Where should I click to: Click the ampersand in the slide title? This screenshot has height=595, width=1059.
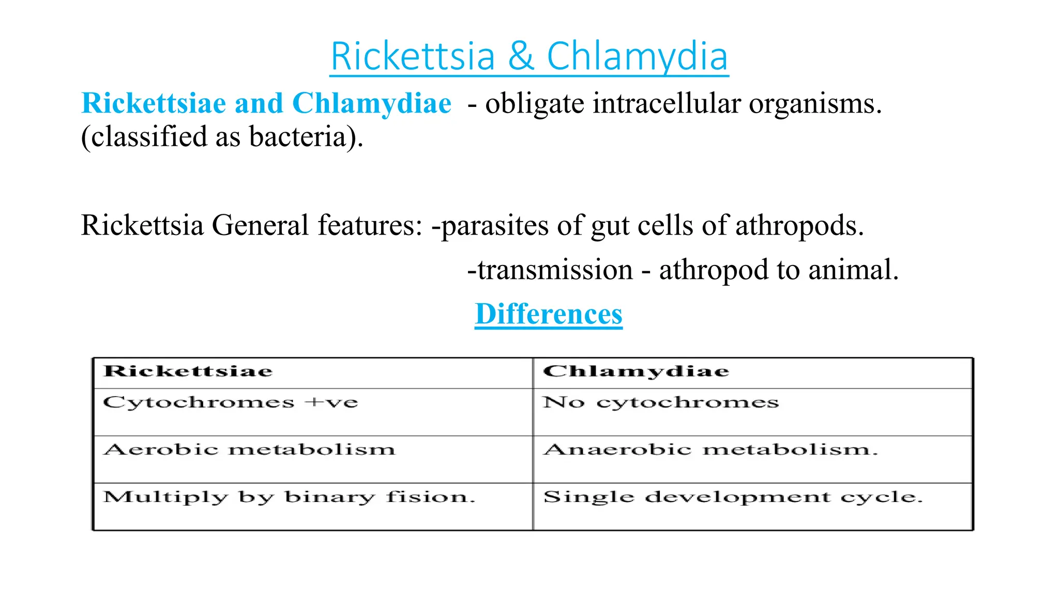(521, 57)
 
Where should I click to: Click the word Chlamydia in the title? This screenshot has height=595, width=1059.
(637, 57)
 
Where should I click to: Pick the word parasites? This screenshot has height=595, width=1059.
(494, 226)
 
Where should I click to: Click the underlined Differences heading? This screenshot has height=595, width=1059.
(549, 314)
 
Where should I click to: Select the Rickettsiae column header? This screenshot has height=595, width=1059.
(188, 371)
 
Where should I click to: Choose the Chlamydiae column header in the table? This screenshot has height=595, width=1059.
(636, 371)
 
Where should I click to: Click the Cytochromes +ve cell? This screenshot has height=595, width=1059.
(231, 402)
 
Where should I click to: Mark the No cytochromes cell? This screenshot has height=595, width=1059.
(660, 402)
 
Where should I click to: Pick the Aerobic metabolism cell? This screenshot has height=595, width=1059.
(249, 450)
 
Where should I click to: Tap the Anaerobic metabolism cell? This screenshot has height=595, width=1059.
(710, 450)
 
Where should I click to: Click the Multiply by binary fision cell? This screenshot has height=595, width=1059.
(289, 497)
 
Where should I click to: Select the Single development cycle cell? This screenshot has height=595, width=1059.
(733, 497)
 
